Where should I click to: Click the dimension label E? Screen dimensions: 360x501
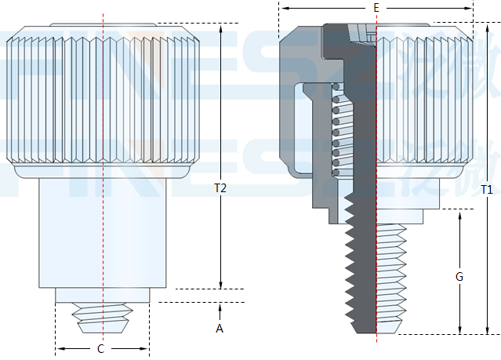[x=376, y=8]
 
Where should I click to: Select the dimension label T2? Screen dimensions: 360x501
[x=220, y=188]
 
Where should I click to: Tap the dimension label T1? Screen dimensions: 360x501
[x=487, y=189]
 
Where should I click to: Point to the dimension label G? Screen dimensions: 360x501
[x=459, y=276]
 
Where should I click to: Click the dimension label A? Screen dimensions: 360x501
[x=220, y=329]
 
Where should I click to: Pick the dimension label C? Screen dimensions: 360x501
[x=100, y=348]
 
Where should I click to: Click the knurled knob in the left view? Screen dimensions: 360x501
[x=102, y=94]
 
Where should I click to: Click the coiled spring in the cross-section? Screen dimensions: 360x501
[x=336, y=129]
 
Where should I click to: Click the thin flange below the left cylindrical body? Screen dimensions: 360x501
[x=102, y=295]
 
